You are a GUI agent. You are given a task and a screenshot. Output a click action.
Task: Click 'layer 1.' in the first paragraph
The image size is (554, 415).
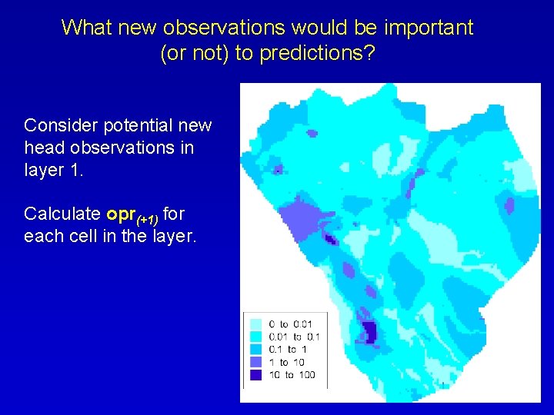[52, 170]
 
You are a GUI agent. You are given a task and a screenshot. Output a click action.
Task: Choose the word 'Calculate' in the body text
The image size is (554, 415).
[61, 213]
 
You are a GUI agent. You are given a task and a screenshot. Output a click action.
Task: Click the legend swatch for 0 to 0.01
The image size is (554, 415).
[255, 324]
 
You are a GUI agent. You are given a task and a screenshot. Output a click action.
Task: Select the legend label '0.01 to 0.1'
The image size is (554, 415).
[294, 337]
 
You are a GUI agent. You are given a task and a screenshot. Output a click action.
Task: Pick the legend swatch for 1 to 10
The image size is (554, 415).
[255, 362]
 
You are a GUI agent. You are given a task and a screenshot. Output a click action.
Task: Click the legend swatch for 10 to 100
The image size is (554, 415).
[255, 374]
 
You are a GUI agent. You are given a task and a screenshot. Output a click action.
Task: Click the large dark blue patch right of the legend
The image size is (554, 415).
[369, 332]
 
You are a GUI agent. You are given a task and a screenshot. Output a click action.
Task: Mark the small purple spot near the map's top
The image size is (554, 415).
[312, 133]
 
